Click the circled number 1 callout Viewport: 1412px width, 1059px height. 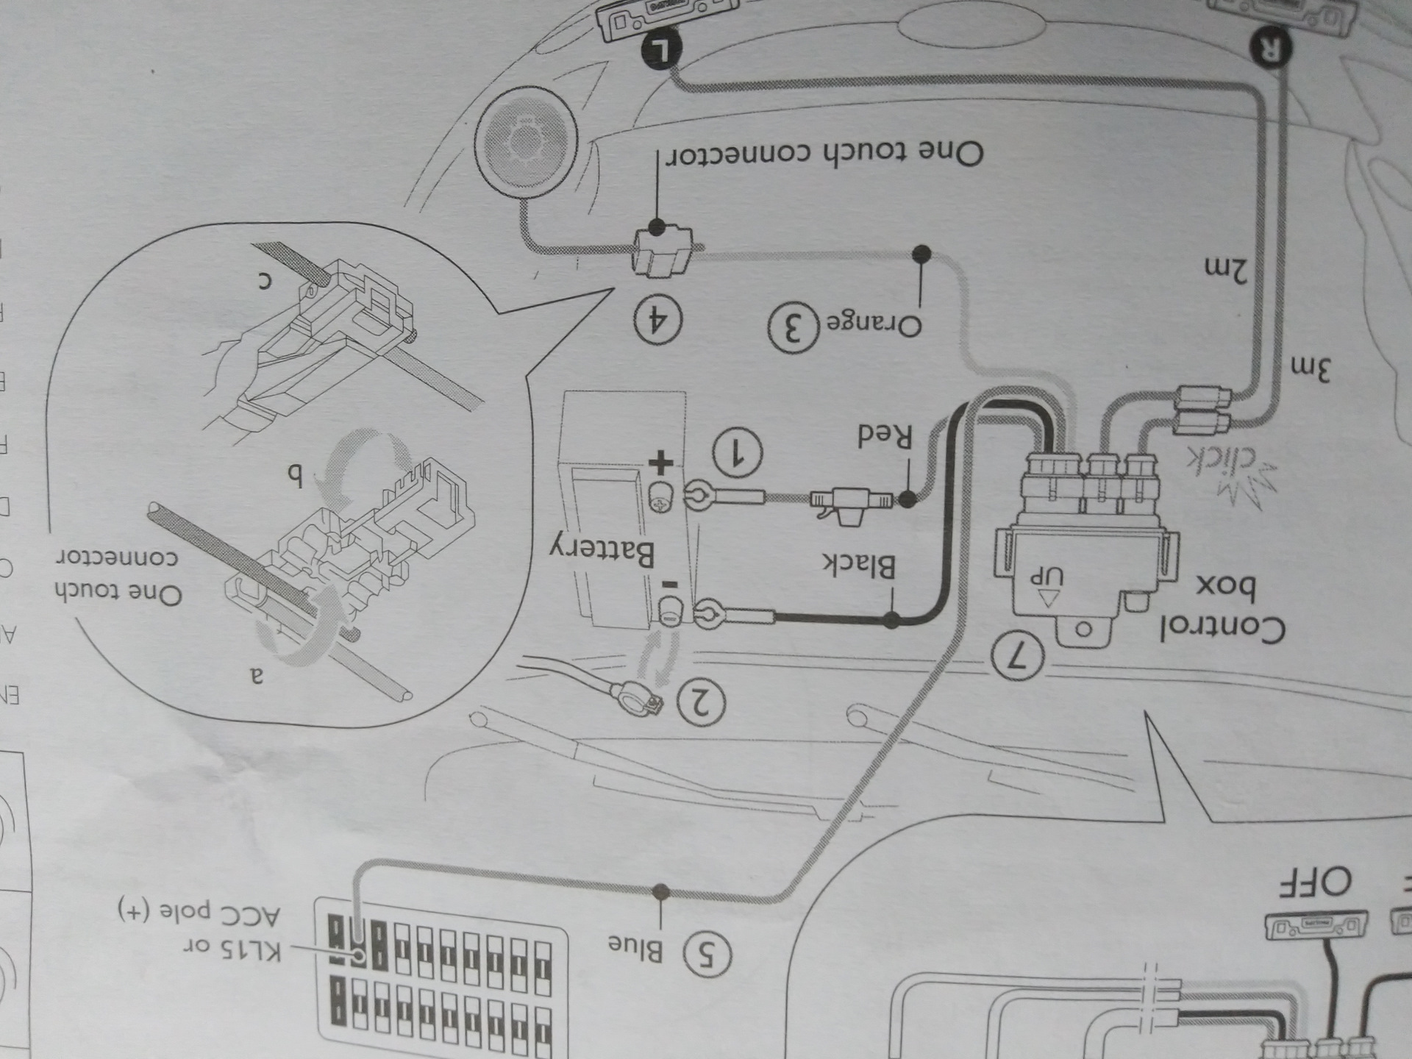[x=737, y=452]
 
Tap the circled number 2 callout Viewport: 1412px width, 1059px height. [x=701, y=704]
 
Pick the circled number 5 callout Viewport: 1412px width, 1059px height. [x=708, y=955]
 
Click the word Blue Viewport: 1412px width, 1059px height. [x=635, y=948]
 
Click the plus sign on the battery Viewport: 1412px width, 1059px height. [x=660, y=463]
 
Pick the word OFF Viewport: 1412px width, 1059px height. [x=1317, y=902]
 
